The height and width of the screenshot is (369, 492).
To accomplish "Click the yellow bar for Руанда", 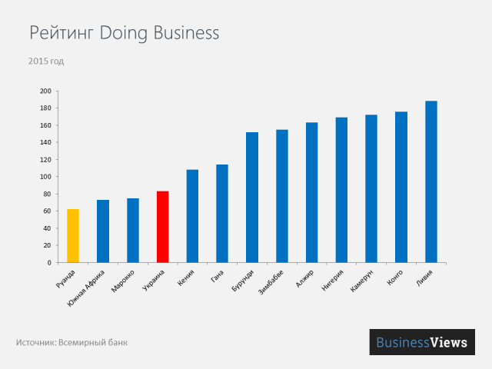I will point(73,235).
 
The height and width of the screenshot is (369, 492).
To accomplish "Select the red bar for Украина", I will point(162,227).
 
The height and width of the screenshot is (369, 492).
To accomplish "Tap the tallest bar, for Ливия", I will point(431,181).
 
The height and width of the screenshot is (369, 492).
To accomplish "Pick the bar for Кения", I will point(192,216).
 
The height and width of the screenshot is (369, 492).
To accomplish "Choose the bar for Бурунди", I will point(252,198).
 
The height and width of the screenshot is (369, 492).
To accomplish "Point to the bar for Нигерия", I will point(341,190).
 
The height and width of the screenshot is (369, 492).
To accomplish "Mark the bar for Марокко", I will point(133,230).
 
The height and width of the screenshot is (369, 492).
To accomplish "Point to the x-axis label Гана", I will point(217,274).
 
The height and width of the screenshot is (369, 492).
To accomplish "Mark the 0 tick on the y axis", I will point(48,263).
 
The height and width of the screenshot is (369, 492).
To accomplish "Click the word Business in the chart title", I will point(185,33).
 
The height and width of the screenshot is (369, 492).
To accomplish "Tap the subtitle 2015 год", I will point(45,60).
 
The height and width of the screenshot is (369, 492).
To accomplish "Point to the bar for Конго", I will point(401,187).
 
